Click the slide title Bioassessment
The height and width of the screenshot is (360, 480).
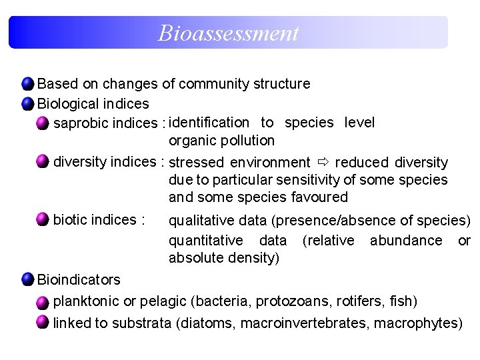tap(228, 33)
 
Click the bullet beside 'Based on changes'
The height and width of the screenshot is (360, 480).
tap(27, 84)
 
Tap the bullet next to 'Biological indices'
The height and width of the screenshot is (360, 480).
tap(27, 104)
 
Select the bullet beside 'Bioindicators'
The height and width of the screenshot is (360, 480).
tap(27, 279)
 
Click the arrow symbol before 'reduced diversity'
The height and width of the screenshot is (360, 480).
tap(323, 162)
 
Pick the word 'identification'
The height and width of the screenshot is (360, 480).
tap(209, 123)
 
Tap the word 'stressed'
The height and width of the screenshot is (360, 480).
tap(197, 163)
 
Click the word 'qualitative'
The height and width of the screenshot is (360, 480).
tap(201, 221)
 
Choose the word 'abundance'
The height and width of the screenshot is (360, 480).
tap(406, 240)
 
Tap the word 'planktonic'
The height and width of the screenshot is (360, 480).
tap(87, 302)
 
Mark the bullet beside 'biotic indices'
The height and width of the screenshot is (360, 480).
tap(43, 219)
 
